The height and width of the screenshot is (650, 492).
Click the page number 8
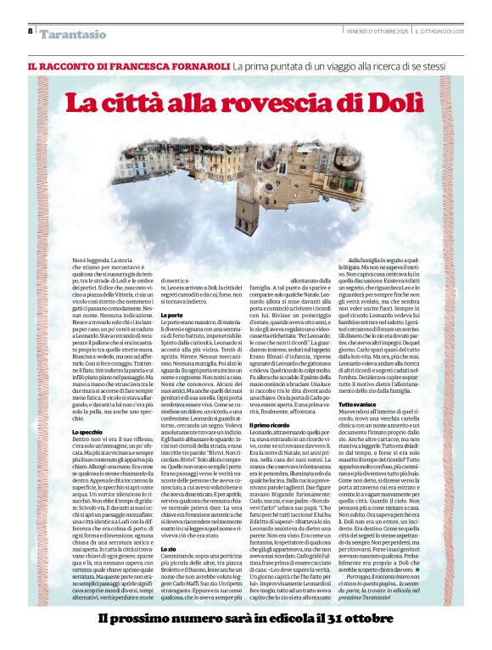[31, 31]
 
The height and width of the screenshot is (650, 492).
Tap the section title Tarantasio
[73, 34]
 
